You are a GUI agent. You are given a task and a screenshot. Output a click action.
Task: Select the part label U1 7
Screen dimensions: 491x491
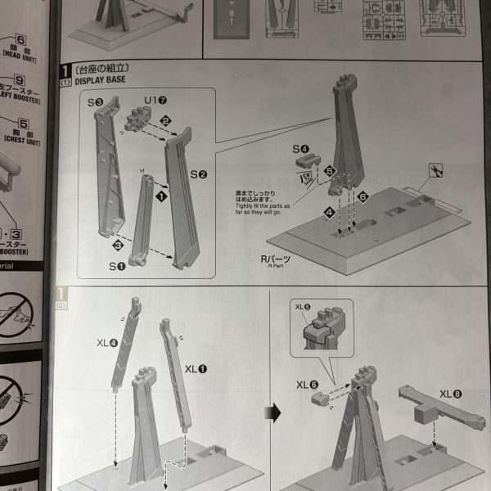click(x=156, y=102)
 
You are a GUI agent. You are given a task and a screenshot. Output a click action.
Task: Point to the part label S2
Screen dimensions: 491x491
click(x=198, y=174)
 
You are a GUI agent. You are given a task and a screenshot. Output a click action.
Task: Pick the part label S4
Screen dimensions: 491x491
click(x=301, y=149)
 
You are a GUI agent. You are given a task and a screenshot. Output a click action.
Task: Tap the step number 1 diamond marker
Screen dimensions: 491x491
click(x=162, y=196)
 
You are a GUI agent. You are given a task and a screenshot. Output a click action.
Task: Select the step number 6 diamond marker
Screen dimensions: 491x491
click(x=362, y=196)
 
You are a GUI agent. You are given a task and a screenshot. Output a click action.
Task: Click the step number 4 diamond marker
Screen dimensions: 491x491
click(x=329, y=212)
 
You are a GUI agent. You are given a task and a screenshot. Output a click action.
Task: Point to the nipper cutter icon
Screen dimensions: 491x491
click(x=436, y=170)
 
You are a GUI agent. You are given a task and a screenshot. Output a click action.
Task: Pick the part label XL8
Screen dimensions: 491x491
click(x=451, y=394)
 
